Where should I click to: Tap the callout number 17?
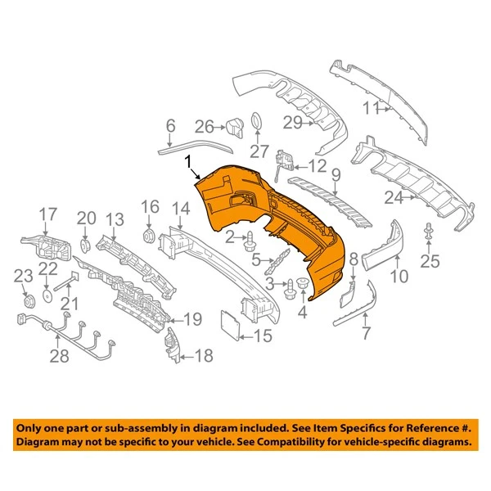point(48,214)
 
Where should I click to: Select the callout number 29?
point(292,123)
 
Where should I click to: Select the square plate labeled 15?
point(229,322)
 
